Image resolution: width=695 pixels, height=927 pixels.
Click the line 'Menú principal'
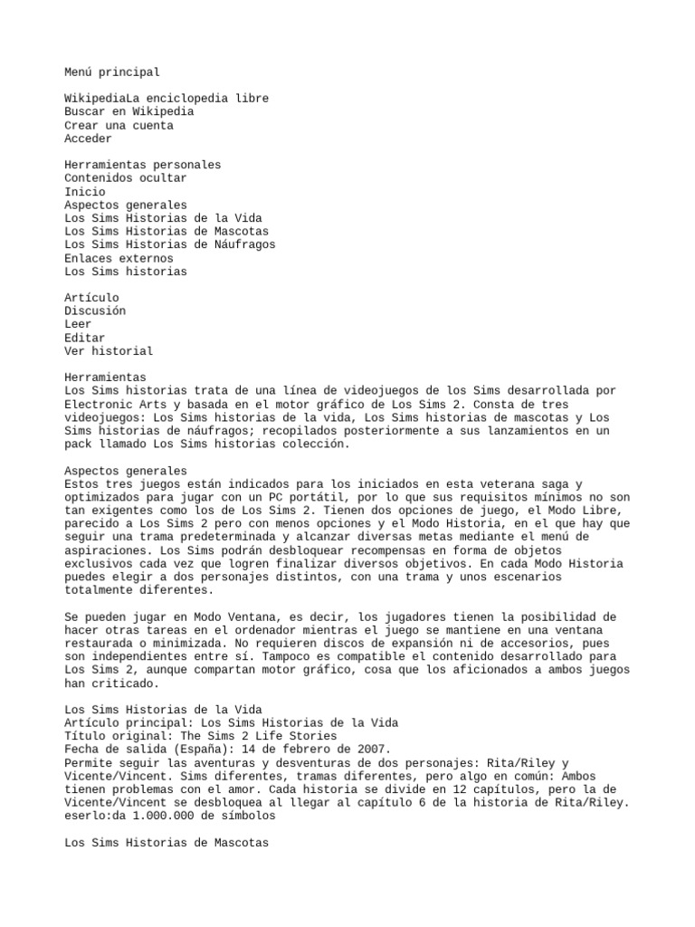112,72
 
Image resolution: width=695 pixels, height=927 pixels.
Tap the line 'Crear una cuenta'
119,125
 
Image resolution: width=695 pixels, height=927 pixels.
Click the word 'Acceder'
89,139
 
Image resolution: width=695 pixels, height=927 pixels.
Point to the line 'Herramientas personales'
143,165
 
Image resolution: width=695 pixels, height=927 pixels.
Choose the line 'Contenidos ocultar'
126,178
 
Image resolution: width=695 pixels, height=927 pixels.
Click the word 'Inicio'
85,192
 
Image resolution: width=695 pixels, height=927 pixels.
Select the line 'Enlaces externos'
119,258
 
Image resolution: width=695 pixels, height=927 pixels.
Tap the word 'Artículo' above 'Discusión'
91,297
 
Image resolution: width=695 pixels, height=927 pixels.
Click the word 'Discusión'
95,311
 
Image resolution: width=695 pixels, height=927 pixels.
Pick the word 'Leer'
78,324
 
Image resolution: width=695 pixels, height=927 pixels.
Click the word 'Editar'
85,338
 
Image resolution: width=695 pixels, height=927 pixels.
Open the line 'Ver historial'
109,350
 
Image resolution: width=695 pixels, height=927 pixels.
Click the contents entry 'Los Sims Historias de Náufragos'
170,244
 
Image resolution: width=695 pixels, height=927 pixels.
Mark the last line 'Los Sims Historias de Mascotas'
167,843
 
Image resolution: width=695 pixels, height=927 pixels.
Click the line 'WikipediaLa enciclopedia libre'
167,98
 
